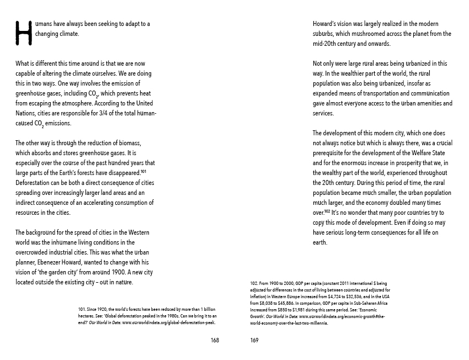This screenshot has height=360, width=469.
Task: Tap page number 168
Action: pyautogui.click(x=215, y=340)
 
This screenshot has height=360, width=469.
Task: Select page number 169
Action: pyautogui.click(x=254, y=340)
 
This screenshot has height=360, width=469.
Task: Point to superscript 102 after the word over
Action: pyautogui.click(x=327, y=211)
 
